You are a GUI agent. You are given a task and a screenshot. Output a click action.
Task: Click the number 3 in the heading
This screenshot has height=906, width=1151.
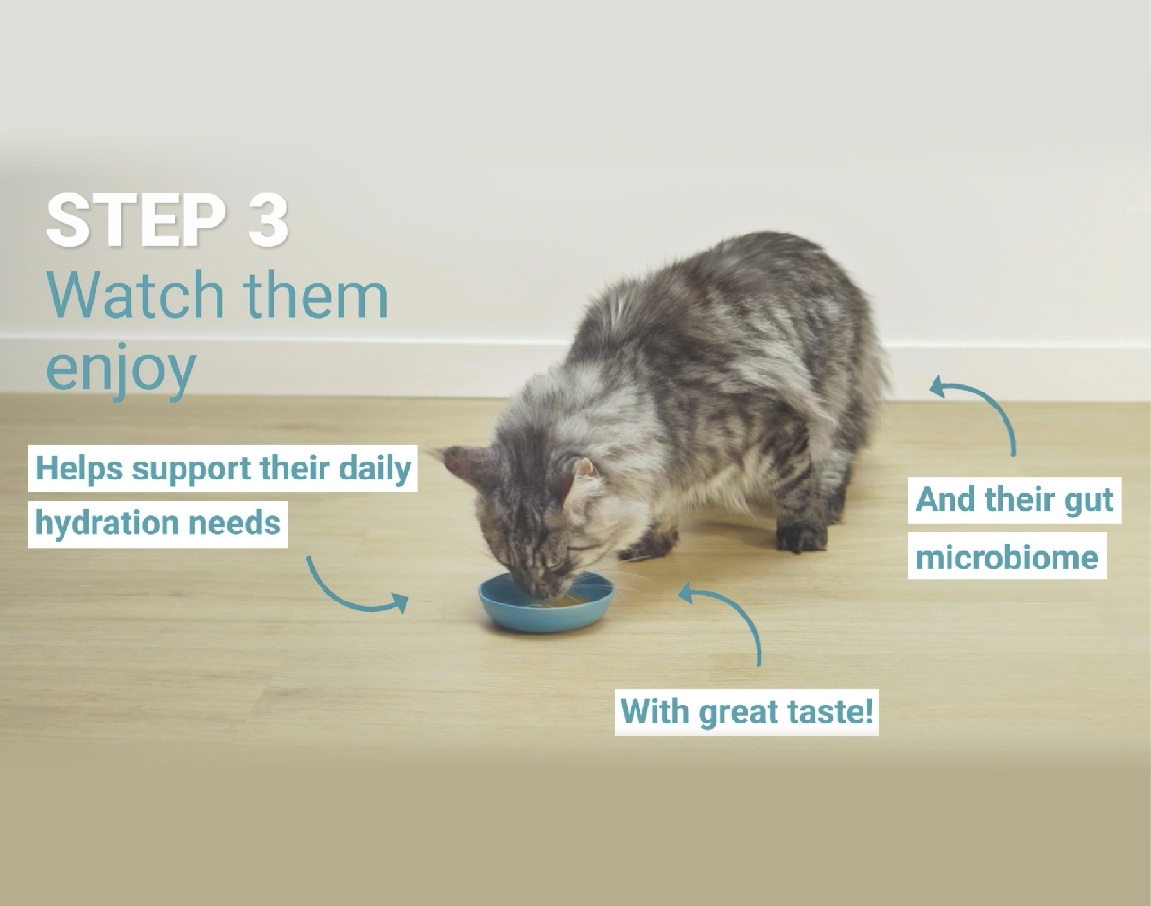click(268, 220)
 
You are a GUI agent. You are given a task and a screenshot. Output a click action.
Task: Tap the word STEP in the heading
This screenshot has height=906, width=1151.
click(136, 220)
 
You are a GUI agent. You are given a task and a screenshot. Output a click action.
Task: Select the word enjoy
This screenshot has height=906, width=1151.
click(121, 369)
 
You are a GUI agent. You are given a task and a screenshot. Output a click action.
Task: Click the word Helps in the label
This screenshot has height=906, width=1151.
click(78, 468)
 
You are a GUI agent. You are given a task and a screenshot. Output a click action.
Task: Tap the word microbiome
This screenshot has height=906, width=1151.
click(1007, 557)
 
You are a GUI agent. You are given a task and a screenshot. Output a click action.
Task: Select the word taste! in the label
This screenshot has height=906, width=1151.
click(830, 712)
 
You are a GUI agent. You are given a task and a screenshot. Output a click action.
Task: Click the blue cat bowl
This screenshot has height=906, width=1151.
click(547, 602)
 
